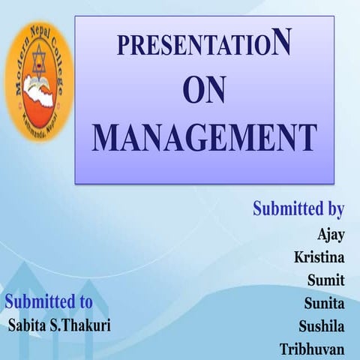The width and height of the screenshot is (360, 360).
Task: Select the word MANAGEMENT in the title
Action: coord(204,136)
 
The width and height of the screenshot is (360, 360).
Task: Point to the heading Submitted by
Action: coord(298,208)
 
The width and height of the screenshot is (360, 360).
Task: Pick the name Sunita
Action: coord(324,303)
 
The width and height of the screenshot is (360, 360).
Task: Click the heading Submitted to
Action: coord(49,302)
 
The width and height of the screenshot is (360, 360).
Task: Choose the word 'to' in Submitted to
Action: coord(84,302)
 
